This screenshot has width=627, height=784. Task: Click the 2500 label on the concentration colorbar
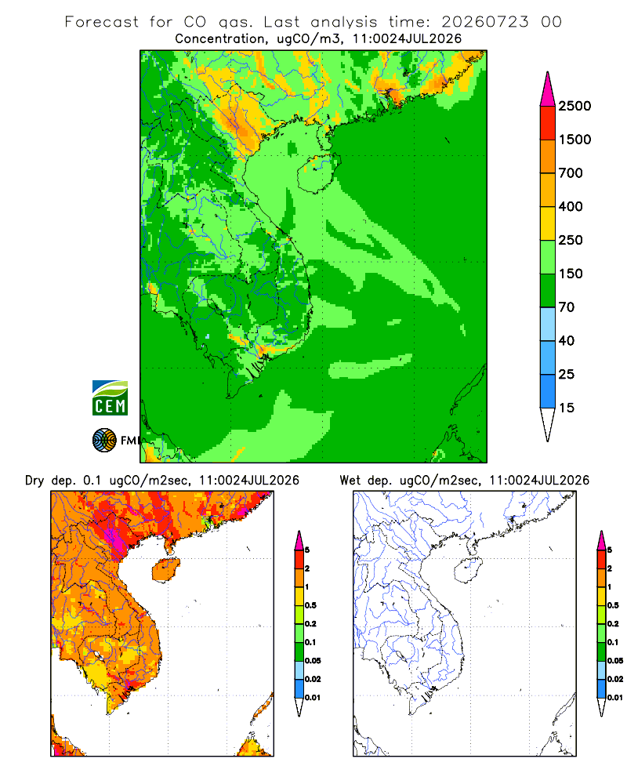574,106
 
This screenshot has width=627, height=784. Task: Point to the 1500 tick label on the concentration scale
574,140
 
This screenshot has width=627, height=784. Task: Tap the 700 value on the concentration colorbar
571,173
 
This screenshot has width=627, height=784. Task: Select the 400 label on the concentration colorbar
571,206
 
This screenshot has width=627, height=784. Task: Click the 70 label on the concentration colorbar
567,307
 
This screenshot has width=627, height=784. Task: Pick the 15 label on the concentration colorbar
567,408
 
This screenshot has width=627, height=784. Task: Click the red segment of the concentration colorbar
548,123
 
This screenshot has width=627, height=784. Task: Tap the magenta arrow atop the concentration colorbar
548,90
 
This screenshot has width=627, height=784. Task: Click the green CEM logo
110,398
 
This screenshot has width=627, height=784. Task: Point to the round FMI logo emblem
104,441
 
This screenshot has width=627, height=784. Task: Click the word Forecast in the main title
102,22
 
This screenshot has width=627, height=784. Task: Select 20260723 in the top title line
485,22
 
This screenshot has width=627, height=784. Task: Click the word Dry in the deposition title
34,481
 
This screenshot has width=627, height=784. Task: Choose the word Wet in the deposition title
350,481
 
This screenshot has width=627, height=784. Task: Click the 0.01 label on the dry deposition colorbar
313,698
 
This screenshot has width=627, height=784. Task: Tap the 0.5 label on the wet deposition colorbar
613,605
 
